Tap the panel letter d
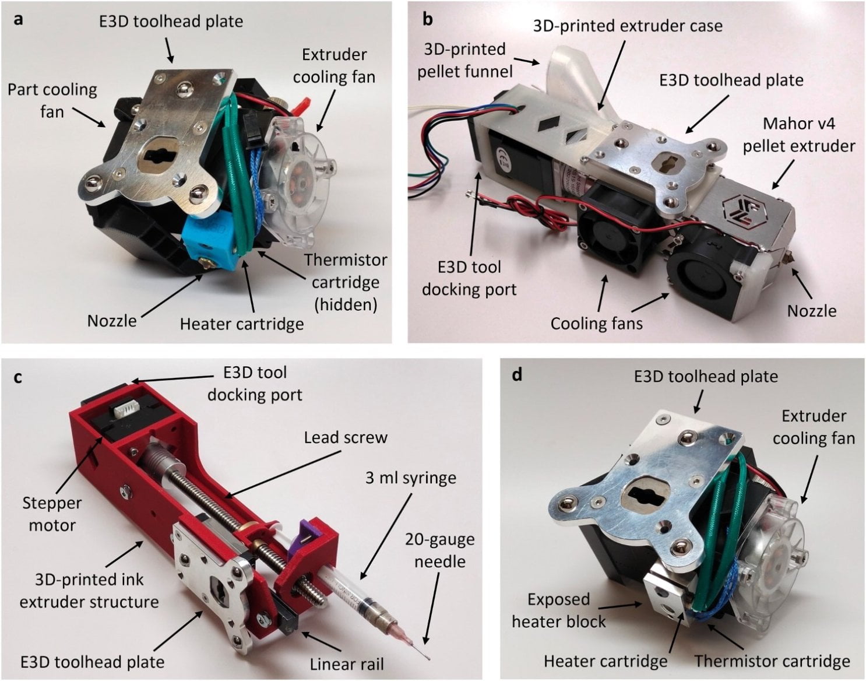pyautogui.click(x=516, y=375)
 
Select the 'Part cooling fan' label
pyautogui.click(x=52, y=100)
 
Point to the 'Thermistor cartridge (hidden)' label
pyautogui.click(x=345, y=282)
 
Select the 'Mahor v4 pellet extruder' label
pyautogui.click(x=798, y=134)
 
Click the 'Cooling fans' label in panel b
pyautogui.click(x=596, y=323)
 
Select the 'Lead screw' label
pyautogui.click(x=345, y=437)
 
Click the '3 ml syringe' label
pyautogui.click(x=410, y=478)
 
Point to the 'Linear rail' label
pyautogui.click(x=346, y=664)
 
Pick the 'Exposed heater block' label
pyautogui.click(x=558, y=610)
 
